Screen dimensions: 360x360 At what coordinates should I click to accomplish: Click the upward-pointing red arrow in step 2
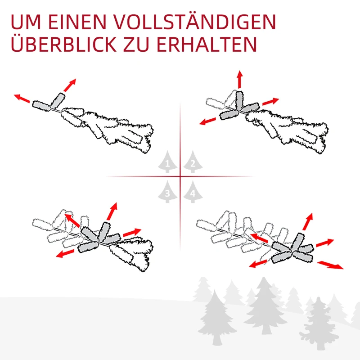point(239,80)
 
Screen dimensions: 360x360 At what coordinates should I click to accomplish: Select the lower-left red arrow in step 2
point(208,120)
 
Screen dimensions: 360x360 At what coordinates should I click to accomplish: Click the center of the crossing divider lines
point(180,176)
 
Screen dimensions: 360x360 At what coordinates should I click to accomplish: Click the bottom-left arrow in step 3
point(66,253)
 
